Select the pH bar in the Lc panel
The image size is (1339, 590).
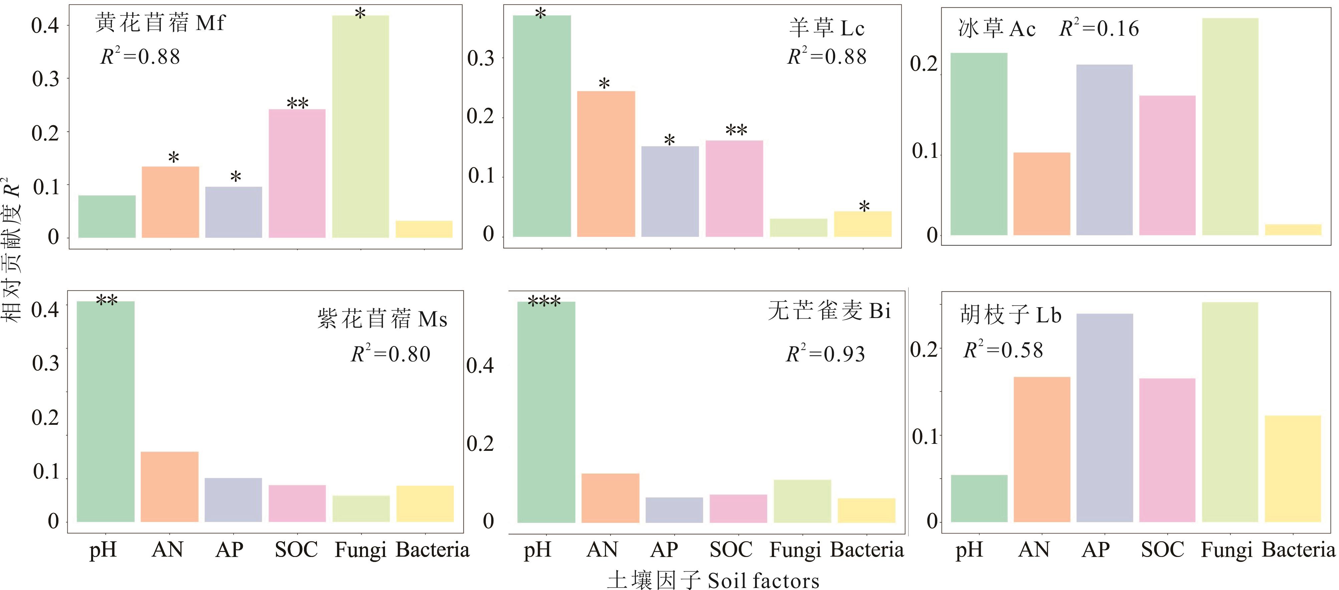tap(542, 126)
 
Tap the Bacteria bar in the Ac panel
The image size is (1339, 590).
tap(1293, 230)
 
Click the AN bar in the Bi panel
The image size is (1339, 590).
tap(610, 498)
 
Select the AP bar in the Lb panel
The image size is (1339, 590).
tap(1104, 417)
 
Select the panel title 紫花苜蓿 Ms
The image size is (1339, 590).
tap(382, 319)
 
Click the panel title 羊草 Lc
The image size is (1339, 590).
tap(826, 28)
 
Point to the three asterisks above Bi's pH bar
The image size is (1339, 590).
tap(544, 301)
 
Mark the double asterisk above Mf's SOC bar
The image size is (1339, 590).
tap(297, 103)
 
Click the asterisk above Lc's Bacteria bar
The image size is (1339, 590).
tap(864, 206)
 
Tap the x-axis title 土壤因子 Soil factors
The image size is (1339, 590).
tap(713, 580)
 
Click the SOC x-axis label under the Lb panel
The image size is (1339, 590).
tap(1162, 549)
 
